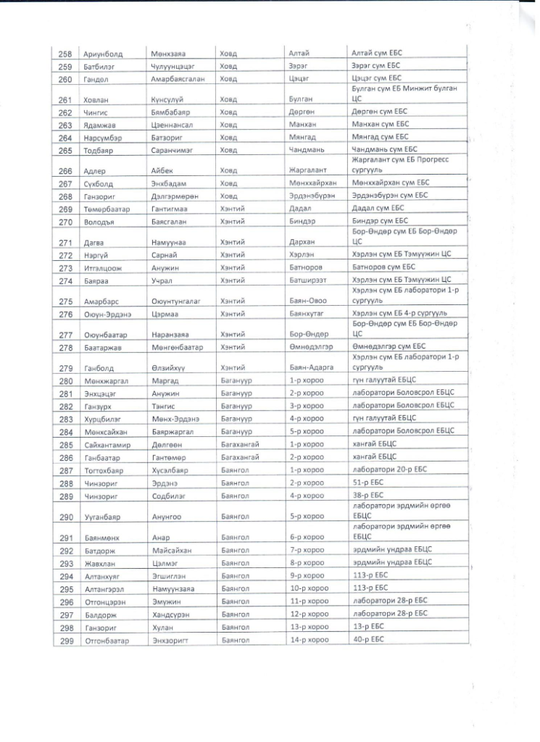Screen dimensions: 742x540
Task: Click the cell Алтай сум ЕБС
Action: pyautogui.click(x=375, y=54)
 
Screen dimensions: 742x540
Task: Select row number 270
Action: pyautogui.click(x=65, y=221)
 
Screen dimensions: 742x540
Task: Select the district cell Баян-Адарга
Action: pyautogui.click(x=309, y=368)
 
